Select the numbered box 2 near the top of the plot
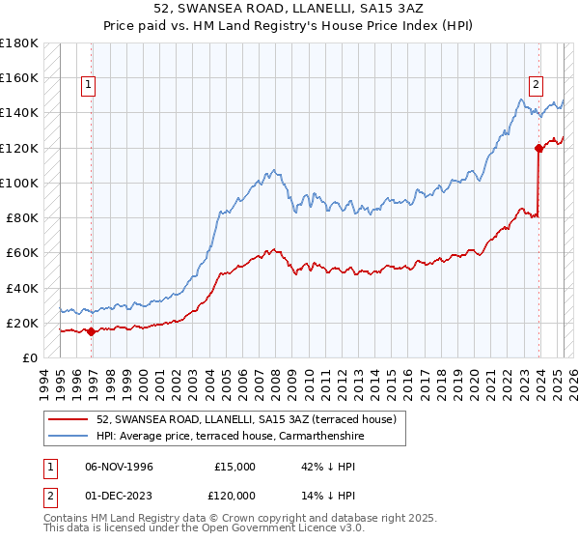(x=536, y=83)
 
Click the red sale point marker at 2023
(x=538, y=148)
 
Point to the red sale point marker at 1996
(x=91, y=331)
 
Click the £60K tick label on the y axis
(x=21, y=252)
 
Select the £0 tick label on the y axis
(x=29, y=357)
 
